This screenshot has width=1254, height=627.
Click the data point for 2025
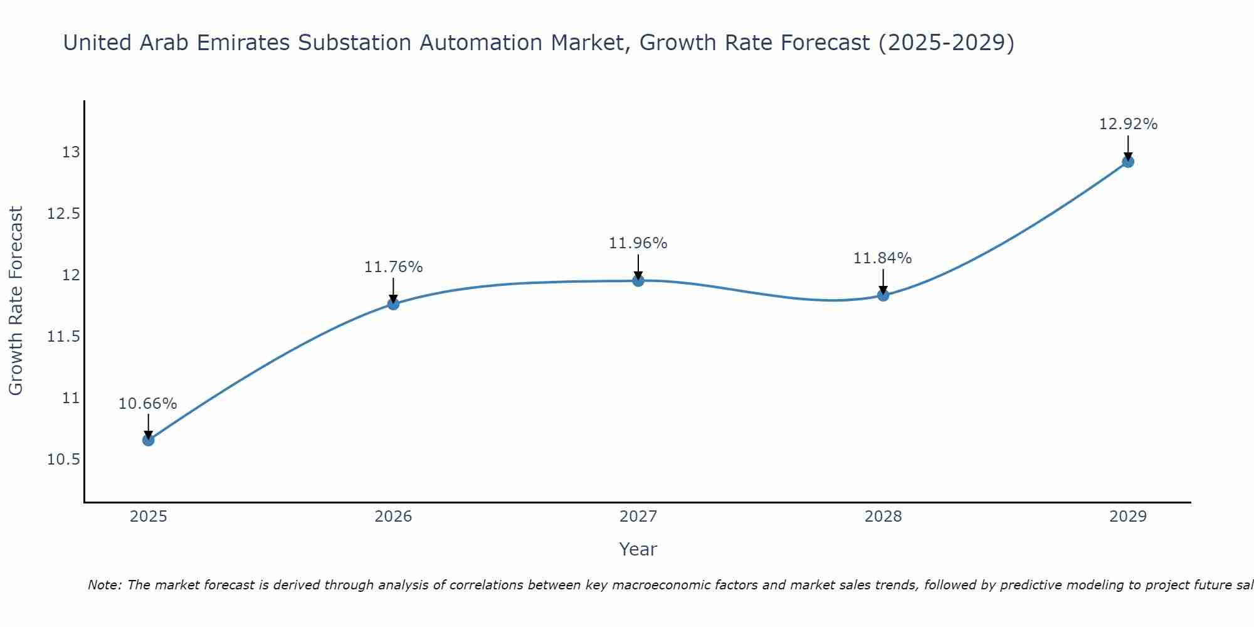click(x=148, y=440)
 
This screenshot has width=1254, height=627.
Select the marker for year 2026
click(x=393, y=304)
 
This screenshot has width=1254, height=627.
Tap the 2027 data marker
click(x=638, y=280)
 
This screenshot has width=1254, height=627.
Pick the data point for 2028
click(x=883, y=295)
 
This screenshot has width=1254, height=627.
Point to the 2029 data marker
click(x=1128, y=162)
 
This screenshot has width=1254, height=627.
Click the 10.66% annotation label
click(x=148, y=404)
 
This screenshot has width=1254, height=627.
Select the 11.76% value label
click(x=393, y=267)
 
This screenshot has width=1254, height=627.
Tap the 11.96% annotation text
click(x=638, y=243)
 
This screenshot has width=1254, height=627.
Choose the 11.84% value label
click(x=883, y=258)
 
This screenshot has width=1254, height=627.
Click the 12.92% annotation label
click(x=1128, y=124)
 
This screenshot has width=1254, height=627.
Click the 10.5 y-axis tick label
click(x=64, y=460)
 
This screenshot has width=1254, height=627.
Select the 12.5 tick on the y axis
click(x=64, y=214)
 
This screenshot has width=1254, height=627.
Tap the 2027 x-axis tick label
click(x=638, y=517)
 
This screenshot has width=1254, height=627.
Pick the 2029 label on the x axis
click(x=1128, y=517)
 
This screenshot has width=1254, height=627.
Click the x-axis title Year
click(x=638, y=549)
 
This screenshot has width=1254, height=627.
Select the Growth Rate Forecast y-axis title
click(x=16, y=301)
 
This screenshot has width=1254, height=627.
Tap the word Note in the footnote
click(x=105, y=585)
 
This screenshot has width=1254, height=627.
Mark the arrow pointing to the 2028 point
click(x=883, y=283)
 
